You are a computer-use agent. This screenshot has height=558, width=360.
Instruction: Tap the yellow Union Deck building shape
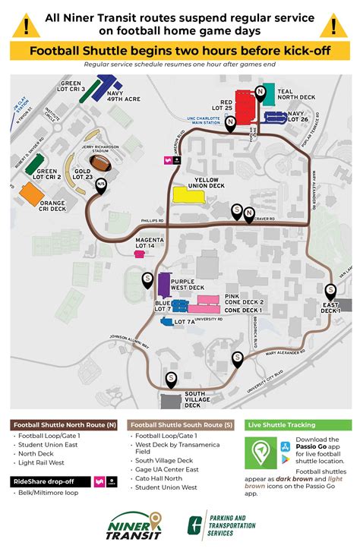(x=188, y=194)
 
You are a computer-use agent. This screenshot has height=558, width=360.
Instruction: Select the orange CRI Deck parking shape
(x=31, y=193)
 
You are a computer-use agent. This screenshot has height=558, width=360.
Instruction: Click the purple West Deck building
(x=163, y=285)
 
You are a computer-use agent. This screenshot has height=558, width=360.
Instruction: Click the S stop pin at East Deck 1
(x=330, y=290)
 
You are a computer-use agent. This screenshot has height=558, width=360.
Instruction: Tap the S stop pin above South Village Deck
(x=171, y=377)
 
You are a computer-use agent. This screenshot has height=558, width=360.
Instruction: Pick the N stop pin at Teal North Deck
(x=261, y=92)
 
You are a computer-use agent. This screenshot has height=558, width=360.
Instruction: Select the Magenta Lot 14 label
(x=149, y=243)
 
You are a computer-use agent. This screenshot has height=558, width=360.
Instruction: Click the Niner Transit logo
(x=137, y=525)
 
